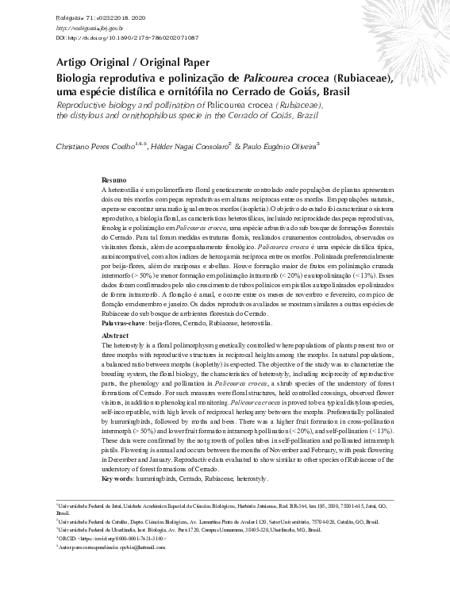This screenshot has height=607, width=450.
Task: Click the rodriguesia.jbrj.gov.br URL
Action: (90, 28)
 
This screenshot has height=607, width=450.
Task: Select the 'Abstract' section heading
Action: (117, 336)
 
